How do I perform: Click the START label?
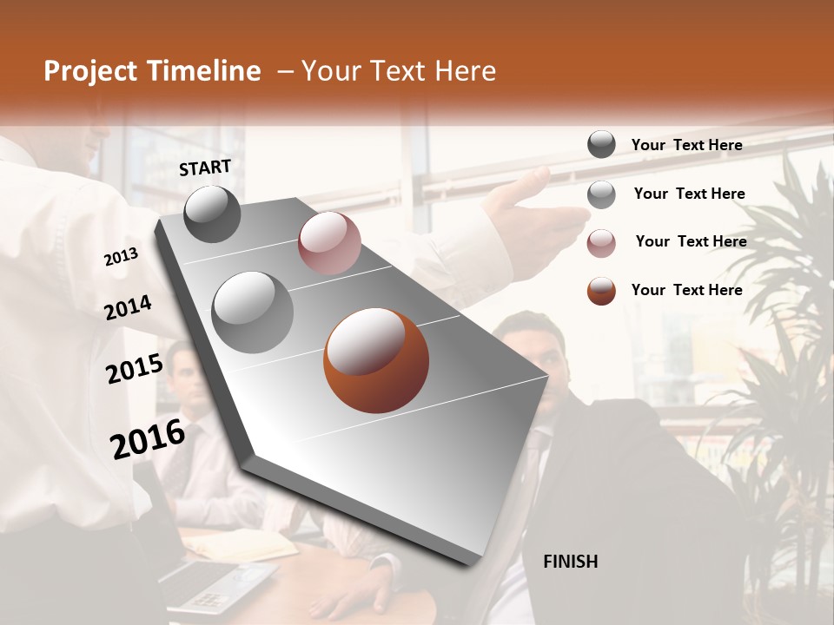tap(205, 167)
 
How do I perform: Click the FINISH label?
tap(570, 562)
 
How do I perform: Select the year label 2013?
tap(121, 257)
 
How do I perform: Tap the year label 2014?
tap(128, 307)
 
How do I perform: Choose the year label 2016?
tap(148, 439)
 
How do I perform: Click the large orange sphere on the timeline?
tap(375, 360)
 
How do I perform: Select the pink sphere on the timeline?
tap(329, 243)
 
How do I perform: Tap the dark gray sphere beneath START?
tap(213, 214)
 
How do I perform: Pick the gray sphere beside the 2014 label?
tap(252, 312)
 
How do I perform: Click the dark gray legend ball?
tap(601, 144)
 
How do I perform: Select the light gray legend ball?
tap(601, 194)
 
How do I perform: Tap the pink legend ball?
tap(601, 243)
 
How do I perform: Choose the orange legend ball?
tap(601, 291)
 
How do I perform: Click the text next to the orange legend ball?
tap(686, 290)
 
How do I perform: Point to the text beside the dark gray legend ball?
tap(686, 145)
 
